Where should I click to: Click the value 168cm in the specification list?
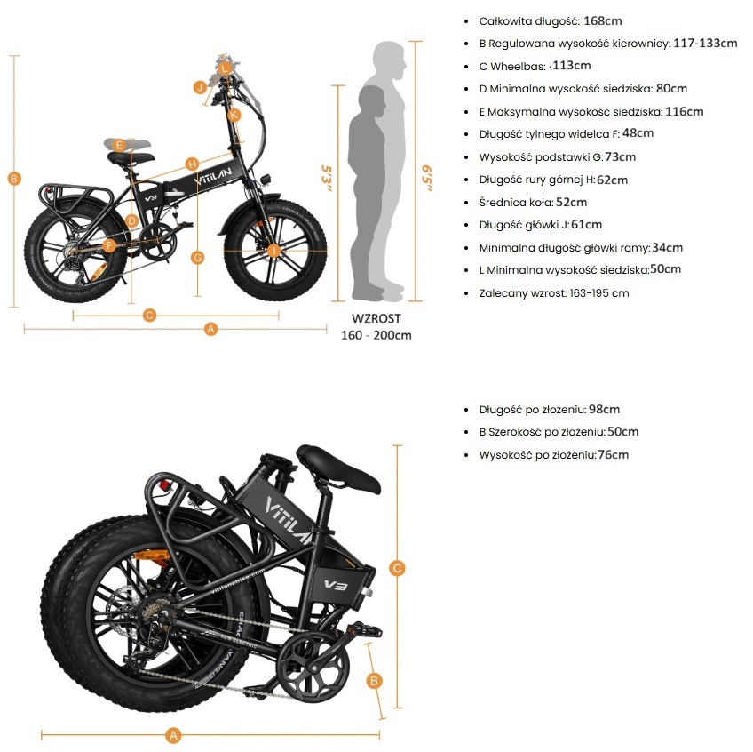603,20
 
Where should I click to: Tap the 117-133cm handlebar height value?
705,43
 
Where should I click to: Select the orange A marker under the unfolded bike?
210,329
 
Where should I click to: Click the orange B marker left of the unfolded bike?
13,178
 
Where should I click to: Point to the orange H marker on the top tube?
192,163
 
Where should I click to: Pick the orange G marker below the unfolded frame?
198,258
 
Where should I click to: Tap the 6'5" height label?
428,174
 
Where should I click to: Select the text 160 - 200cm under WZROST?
376,335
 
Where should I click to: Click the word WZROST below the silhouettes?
376,318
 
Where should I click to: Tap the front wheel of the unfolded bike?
274,249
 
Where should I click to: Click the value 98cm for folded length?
604,410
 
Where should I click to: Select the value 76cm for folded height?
613,455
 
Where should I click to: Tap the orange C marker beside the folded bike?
398,568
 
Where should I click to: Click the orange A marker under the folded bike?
174,735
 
